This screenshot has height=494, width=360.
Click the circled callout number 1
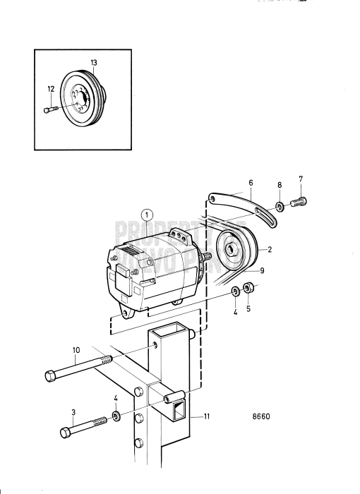(146, 215)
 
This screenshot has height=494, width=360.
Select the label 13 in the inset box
(94, 63)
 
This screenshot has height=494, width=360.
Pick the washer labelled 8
(280, 206)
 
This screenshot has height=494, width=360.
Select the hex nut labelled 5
(248, 288)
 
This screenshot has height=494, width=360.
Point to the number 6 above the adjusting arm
(249, 181)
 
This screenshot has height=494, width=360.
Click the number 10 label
(76, 350)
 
